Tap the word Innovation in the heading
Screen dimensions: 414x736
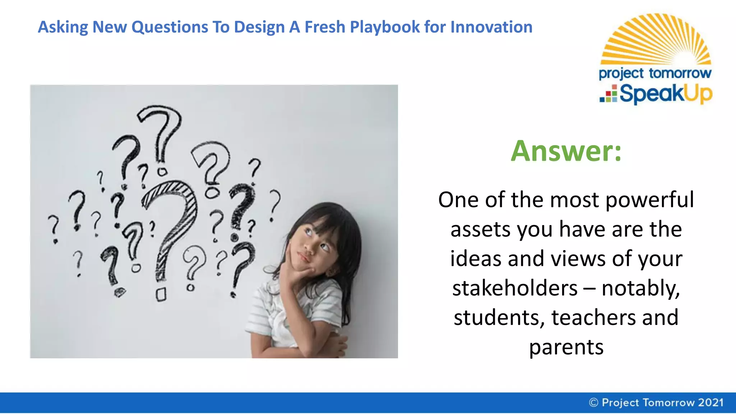click(491, 27)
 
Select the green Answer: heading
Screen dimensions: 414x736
click(566, 151)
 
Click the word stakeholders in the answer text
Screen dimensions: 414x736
click(515, 288)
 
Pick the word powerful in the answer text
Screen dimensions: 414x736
click(649, 201)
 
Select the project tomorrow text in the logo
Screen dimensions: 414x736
click(655, 73)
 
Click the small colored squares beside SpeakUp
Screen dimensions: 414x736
click(609, 94)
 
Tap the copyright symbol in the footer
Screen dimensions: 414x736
click(593, 402)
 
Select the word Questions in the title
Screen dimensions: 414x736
click(170, 27)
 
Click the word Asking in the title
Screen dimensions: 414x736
click(63, 27)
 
